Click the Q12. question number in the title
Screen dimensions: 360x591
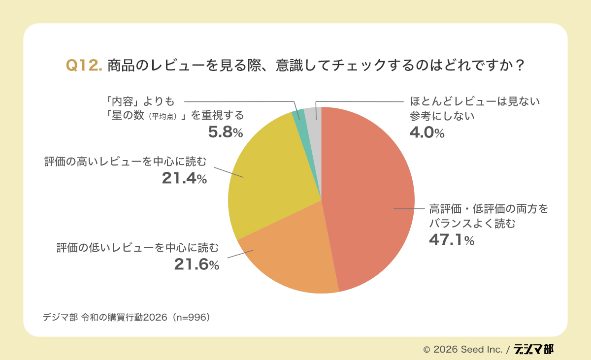click(x=84, y=65)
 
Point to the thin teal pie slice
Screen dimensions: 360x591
click(x=297, y=115)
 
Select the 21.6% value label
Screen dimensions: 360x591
click(x=197, y=264)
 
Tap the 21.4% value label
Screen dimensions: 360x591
click(x=184, y=178)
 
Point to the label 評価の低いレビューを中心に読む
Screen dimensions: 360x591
click(x=137, y=247)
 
